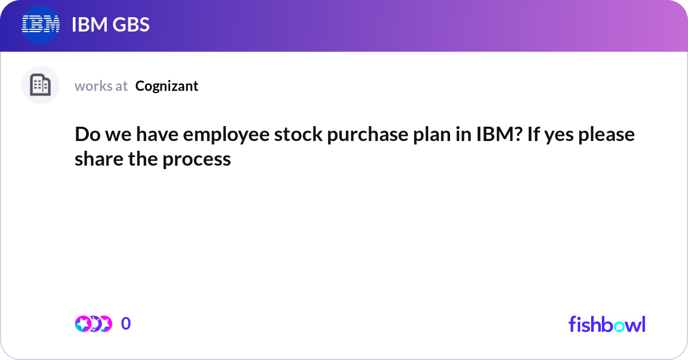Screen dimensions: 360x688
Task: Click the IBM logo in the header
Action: (x=41, y=25)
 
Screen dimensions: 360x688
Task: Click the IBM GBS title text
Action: (x=110, y=25)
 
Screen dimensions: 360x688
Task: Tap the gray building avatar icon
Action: (x=40, y=85)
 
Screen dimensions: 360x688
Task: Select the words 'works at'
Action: (x=101, y=86)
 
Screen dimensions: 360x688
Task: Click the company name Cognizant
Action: (x=167, y=86)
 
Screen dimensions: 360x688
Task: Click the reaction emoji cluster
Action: (x=93, y=324)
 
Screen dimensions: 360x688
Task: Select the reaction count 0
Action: (x=126, y=324)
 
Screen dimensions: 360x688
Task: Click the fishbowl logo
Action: (x=607, y=324)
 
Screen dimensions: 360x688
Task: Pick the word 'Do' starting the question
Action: (x=85, y=135)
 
